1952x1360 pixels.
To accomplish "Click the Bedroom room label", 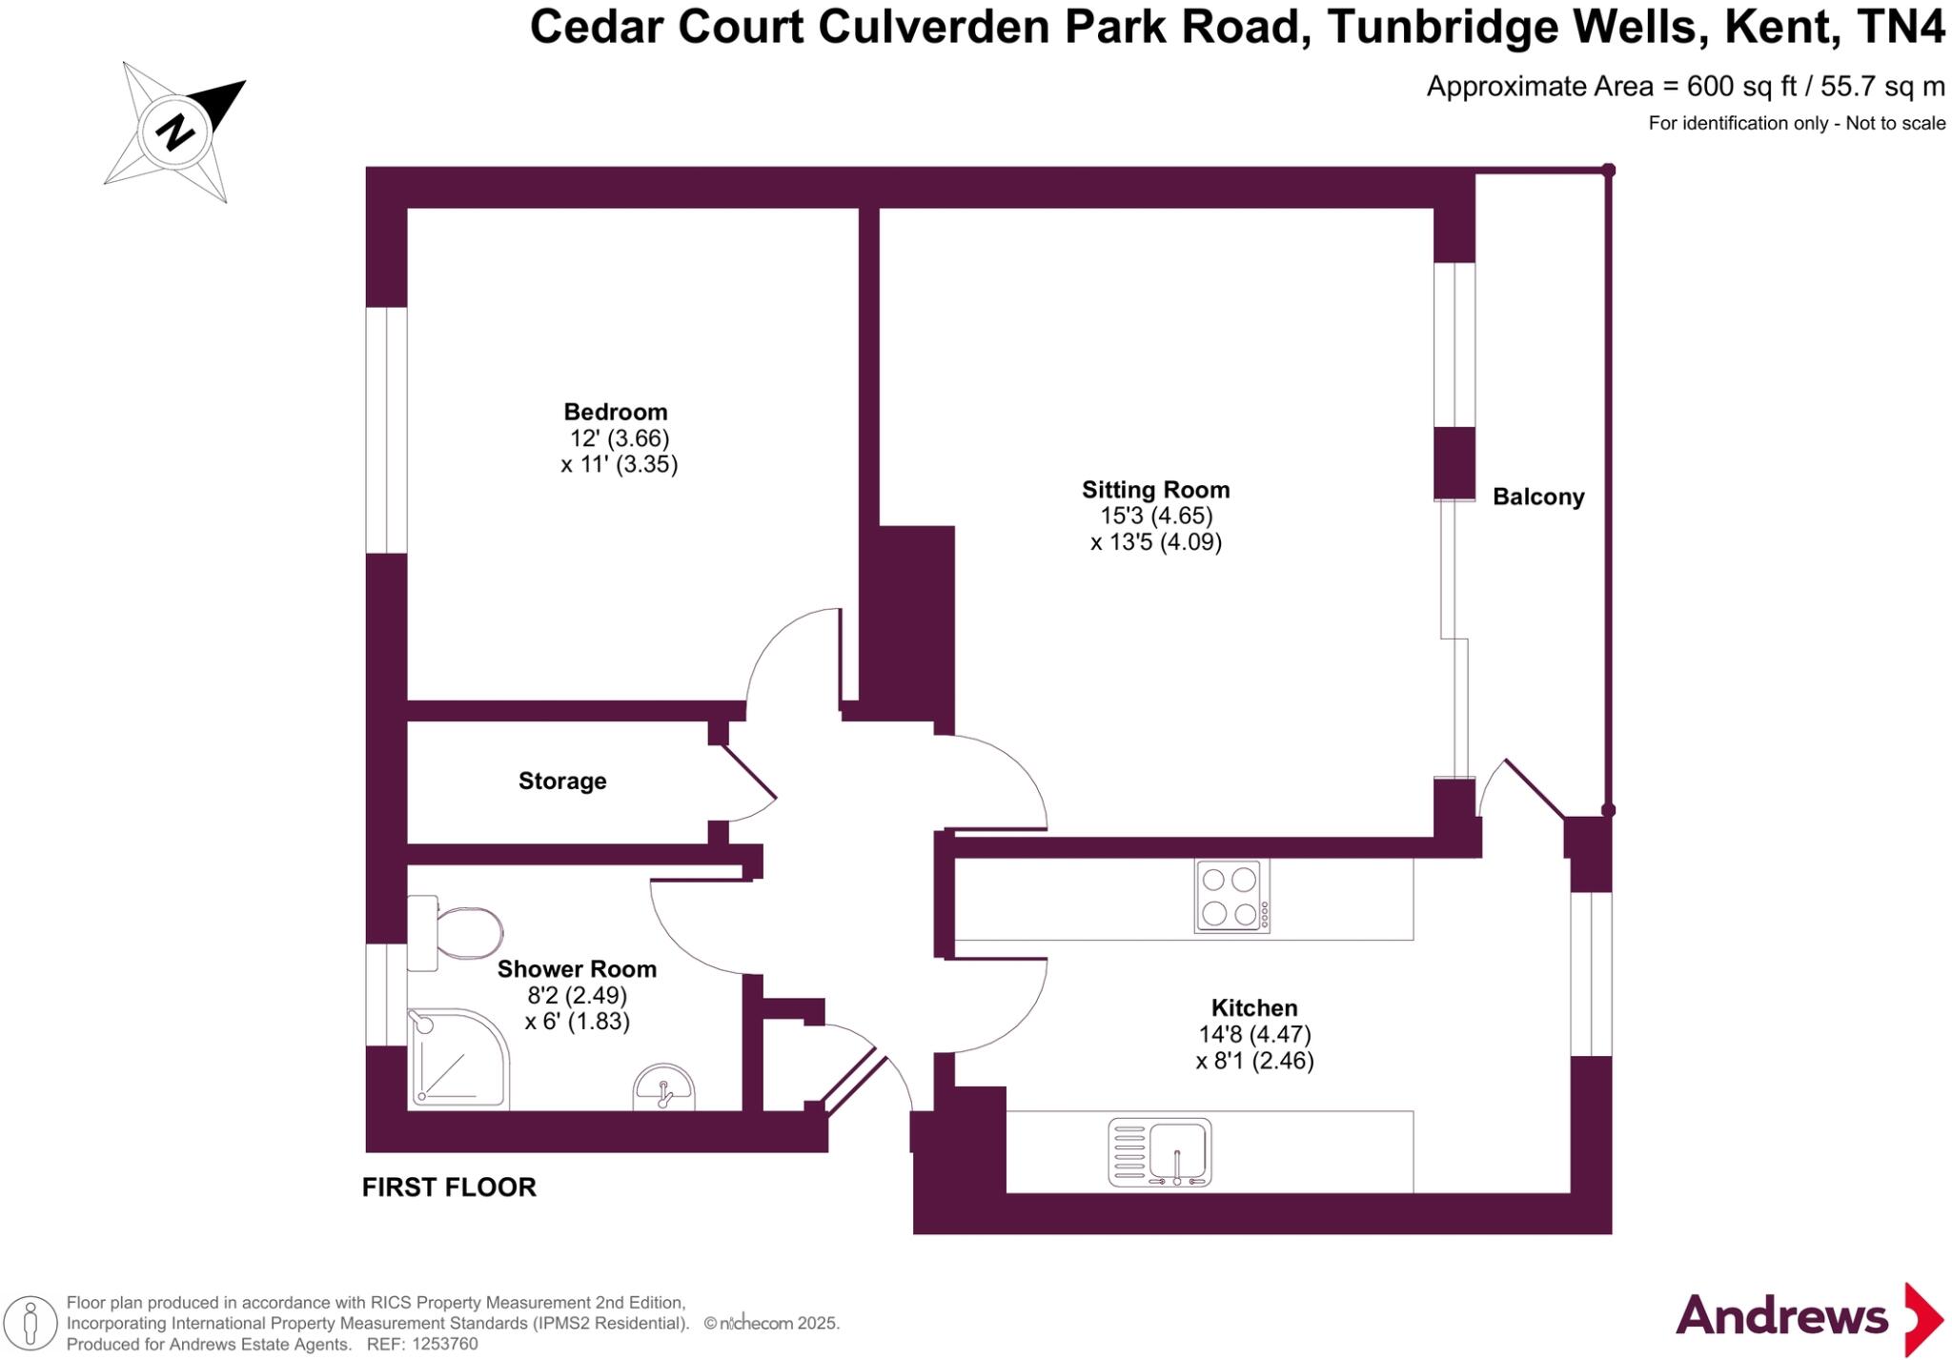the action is (615, 412).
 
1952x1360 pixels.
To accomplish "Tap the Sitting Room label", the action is (1155, 490).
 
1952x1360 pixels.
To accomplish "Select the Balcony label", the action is (1537, 497).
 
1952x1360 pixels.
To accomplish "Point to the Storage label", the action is (562, 781).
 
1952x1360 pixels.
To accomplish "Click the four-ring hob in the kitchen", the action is (1230, 896).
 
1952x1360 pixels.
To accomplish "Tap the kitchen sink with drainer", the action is (1160, 1152).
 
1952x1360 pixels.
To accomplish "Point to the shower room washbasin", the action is (664, 1088).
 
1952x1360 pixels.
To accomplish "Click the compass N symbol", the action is (175, 132).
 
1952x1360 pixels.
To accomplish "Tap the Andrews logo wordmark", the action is (1780, 1317).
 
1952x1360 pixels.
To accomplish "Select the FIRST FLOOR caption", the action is (449, 1187).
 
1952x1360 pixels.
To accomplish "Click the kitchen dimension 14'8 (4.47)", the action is (1254, 1034).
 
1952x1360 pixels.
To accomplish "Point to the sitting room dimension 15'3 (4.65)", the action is (1156, 516).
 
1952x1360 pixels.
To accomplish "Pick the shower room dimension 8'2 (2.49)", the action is (577, 996).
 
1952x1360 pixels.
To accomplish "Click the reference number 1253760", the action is (442, 1345).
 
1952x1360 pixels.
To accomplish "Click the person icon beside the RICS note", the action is (30, 1323).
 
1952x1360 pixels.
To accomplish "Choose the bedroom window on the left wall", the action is (386, 430).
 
